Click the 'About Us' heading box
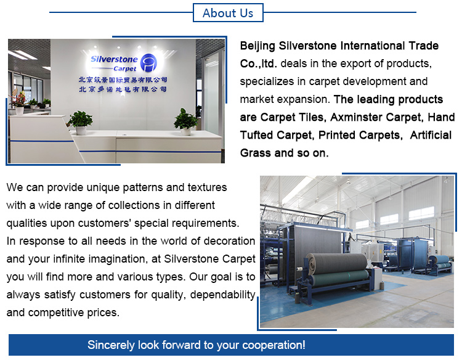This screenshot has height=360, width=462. pyautogui.click(x=228, y=13)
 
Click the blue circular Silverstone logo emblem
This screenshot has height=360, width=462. pyautogui.click(x=148, y=63)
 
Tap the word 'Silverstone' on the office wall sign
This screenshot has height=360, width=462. pyautogui.click(x=115, y=59)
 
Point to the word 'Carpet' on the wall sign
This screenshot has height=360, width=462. pyautogui.click(x=125, y=68)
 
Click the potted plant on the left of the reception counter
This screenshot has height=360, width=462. pyautogui.click(x=80, y=122)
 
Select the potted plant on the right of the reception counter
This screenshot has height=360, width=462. pyautogui.click(x=185, y=121)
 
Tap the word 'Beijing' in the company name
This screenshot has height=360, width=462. pyautogui.click(x=257, y=46)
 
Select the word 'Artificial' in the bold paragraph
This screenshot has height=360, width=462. pyautogui.click(x=431, y=135)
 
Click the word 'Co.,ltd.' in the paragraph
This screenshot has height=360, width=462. pyautogui.click(x=258, y=64)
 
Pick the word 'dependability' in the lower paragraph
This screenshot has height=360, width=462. pyautogui.click(x=223, y=295)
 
